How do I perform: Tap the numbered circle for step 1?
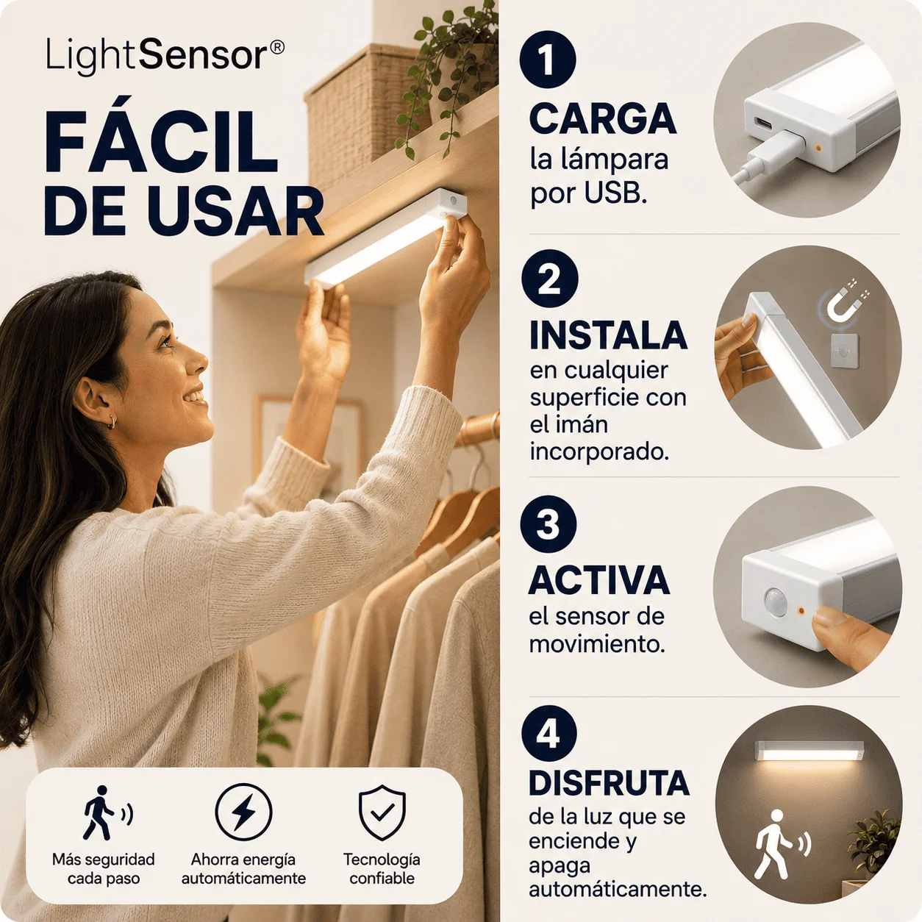[x=548, y=60]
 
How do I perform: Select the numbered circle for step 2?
[x=549, y=278]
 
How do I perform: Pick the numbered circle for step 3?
[x=548, y=524]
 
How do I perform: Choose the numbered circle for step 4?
[x=549, y=734]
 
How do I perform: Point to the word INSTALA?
[x=608, y=336]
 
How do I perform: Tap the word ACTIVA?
[x=598, y=580]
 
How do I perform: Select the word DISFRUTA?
[x=609, y=783]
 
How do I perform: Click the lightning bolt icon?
[x=243, y=812]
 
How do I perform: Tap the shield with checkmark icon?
[x=382, y=812]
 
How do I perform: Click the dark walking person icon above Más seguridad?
[x=107, y=812]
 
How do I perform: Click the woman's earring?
[x=112, y=421]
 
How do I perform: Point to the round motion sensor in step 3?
[x=776, y=601]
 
